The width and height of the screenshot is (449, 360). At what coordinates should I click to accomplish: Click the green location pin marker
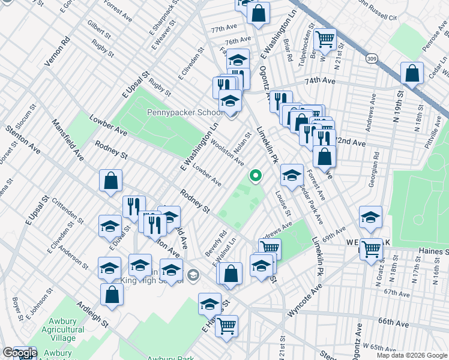click(256, 176)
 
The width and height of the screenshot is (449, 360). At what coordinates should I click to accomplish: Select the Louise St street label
click(283, 203)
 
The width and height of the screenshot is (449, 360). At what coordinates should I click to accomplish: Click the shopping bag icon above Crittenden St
click(111, 181)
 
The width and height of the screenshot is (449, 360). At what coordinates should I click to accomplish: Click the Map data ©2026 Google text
click(411, 355)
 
